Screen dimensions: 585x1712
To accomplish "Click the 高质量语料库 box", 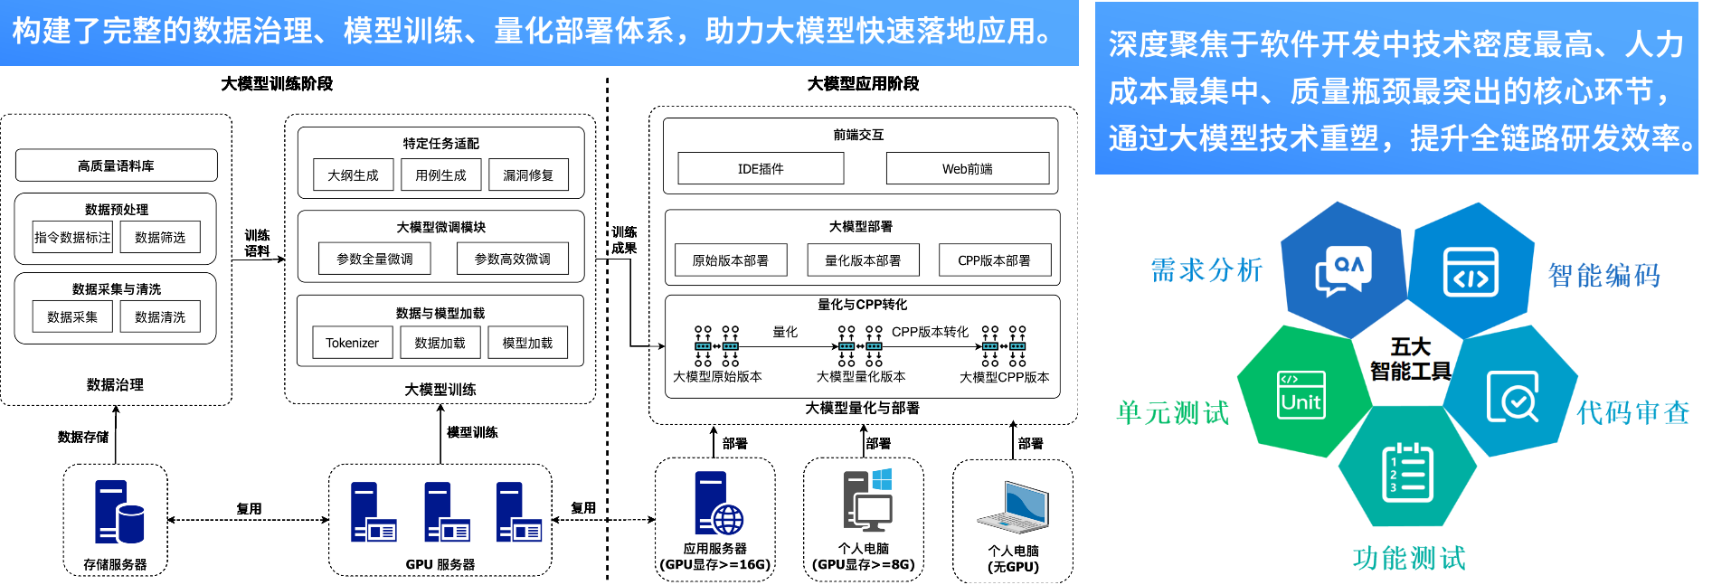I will [116, 165].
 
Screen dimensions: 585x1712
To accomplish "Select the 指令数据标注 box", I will [72, 237].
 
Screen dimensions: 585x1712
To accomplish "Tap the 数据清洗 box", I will [160, 316].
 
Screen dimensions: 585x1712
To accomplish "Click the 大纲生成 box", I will [353, 175].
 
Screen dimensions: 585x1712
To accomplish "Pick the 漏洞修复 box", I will [528, 175].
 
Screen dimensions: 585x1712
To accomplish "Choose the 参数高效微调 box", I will [512, 259].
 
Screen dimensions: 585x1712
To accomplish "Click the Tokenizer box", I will [352, 343].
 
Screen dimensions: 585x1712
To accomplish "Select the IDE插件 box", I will [761, 168].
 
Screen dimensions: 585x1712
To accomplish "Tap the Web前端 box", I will [967, 168].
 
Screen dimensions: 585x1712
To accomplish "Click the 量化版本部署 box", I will [863, 259].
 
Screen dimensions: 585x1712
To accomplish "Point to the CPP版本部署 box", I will [994, 259].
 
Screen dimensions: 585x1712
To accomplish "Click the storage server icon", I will [118, 513].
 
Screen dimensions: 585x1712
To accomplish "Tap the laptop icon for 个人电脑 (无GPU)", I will [1014, 507].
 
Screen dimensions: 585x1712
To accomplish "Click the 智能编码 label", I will [1604, 275].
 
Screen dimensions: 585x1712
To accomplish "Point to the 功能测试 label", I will [1409, 558].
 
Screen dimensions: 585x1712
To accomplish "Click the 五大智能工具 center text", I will [1410, 359].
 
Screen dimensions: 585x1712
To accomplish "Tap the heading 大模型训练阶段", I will [277, 83].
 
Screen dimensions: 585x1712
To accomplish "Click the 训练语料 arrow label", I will [257, 243].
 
